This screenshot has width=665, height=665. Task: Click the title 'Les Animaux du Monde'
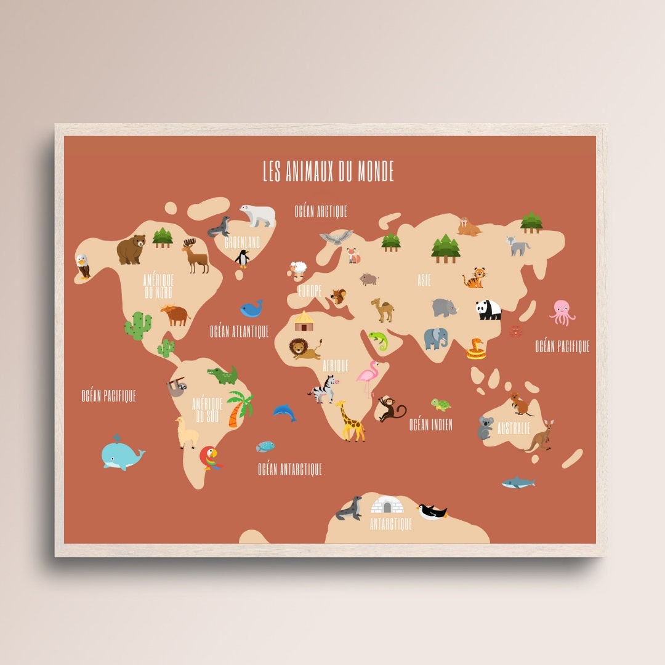pos(328,171)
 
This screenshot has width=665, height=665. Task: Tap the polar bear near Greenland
pos(258,214)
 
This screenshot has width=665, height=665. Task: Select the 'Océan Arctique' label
pos(320,211)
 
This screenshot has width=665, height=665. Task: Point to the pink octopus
pos(562,312)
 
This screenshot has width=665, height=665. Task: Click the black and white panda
pos(489,310)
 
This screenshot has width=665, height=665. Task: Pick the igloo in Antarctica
pos(387,505)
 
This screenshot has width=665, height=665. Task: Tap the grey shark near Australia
pos(518,482)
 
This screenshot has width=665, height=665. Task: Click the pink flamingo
pos(368,377)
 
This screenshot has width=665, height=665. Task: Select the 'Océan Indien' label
pos(431,424)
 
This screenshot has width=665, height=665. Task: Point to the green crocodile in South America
pos(223,374)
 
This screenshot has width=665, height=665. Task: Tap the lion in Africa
pos(305,349)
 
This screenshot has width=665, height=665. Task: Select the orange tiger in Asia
pos(475,278)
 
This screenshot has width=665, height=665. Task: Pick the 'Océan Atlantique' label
pos(240,331)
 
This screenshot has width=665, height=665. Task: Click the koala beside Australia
pos(485,427)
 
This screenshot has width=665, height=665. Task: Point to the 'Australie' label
pos(514,428)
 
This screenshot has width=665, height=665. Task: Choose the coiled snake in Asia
pos(476,349)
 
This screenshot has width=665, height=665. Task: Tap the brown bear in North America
pos(131,249)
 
